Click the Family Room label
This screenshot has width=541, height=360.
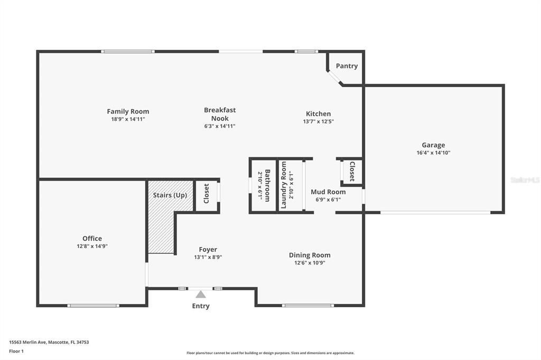[128, 111]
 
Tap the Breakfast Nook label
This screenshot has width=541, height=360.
[220, 114]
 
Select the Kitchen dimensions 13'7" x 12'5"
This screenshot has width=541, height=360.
[318, 121]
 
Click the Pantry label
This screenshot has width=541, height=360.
[347, 66]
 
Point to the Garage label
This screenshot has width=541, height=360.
[433, 145]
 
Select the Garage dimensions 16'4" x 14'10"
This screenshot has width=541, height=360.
[433, 153]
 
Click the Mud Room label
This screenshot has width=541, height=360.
[328, 192]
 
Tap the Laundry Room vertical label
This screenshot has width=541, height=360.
[284, 185]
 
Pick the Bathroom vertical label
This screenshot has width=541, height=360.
[267, 185]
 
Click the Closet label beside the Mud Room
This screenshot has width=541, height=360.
[352, 172]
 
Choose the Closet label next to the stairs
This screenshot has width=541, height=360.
[207, 194]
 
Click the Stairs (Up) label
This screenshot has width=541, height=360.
[170, 195]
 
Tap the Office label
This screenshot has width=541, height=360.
[92, 239]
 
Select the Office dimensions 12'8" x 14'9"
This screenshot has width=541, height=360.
[92, 246]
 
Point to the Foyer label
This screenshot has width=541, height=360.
[208, 250]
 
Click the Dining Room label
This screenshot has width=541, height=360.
[310, 255]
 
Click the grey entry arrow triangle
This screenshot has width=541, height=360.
[201, 295]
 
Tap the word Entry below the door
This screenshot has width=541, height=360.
[201, 306]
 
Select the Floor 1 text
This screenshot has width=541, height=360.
[16, 351]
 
